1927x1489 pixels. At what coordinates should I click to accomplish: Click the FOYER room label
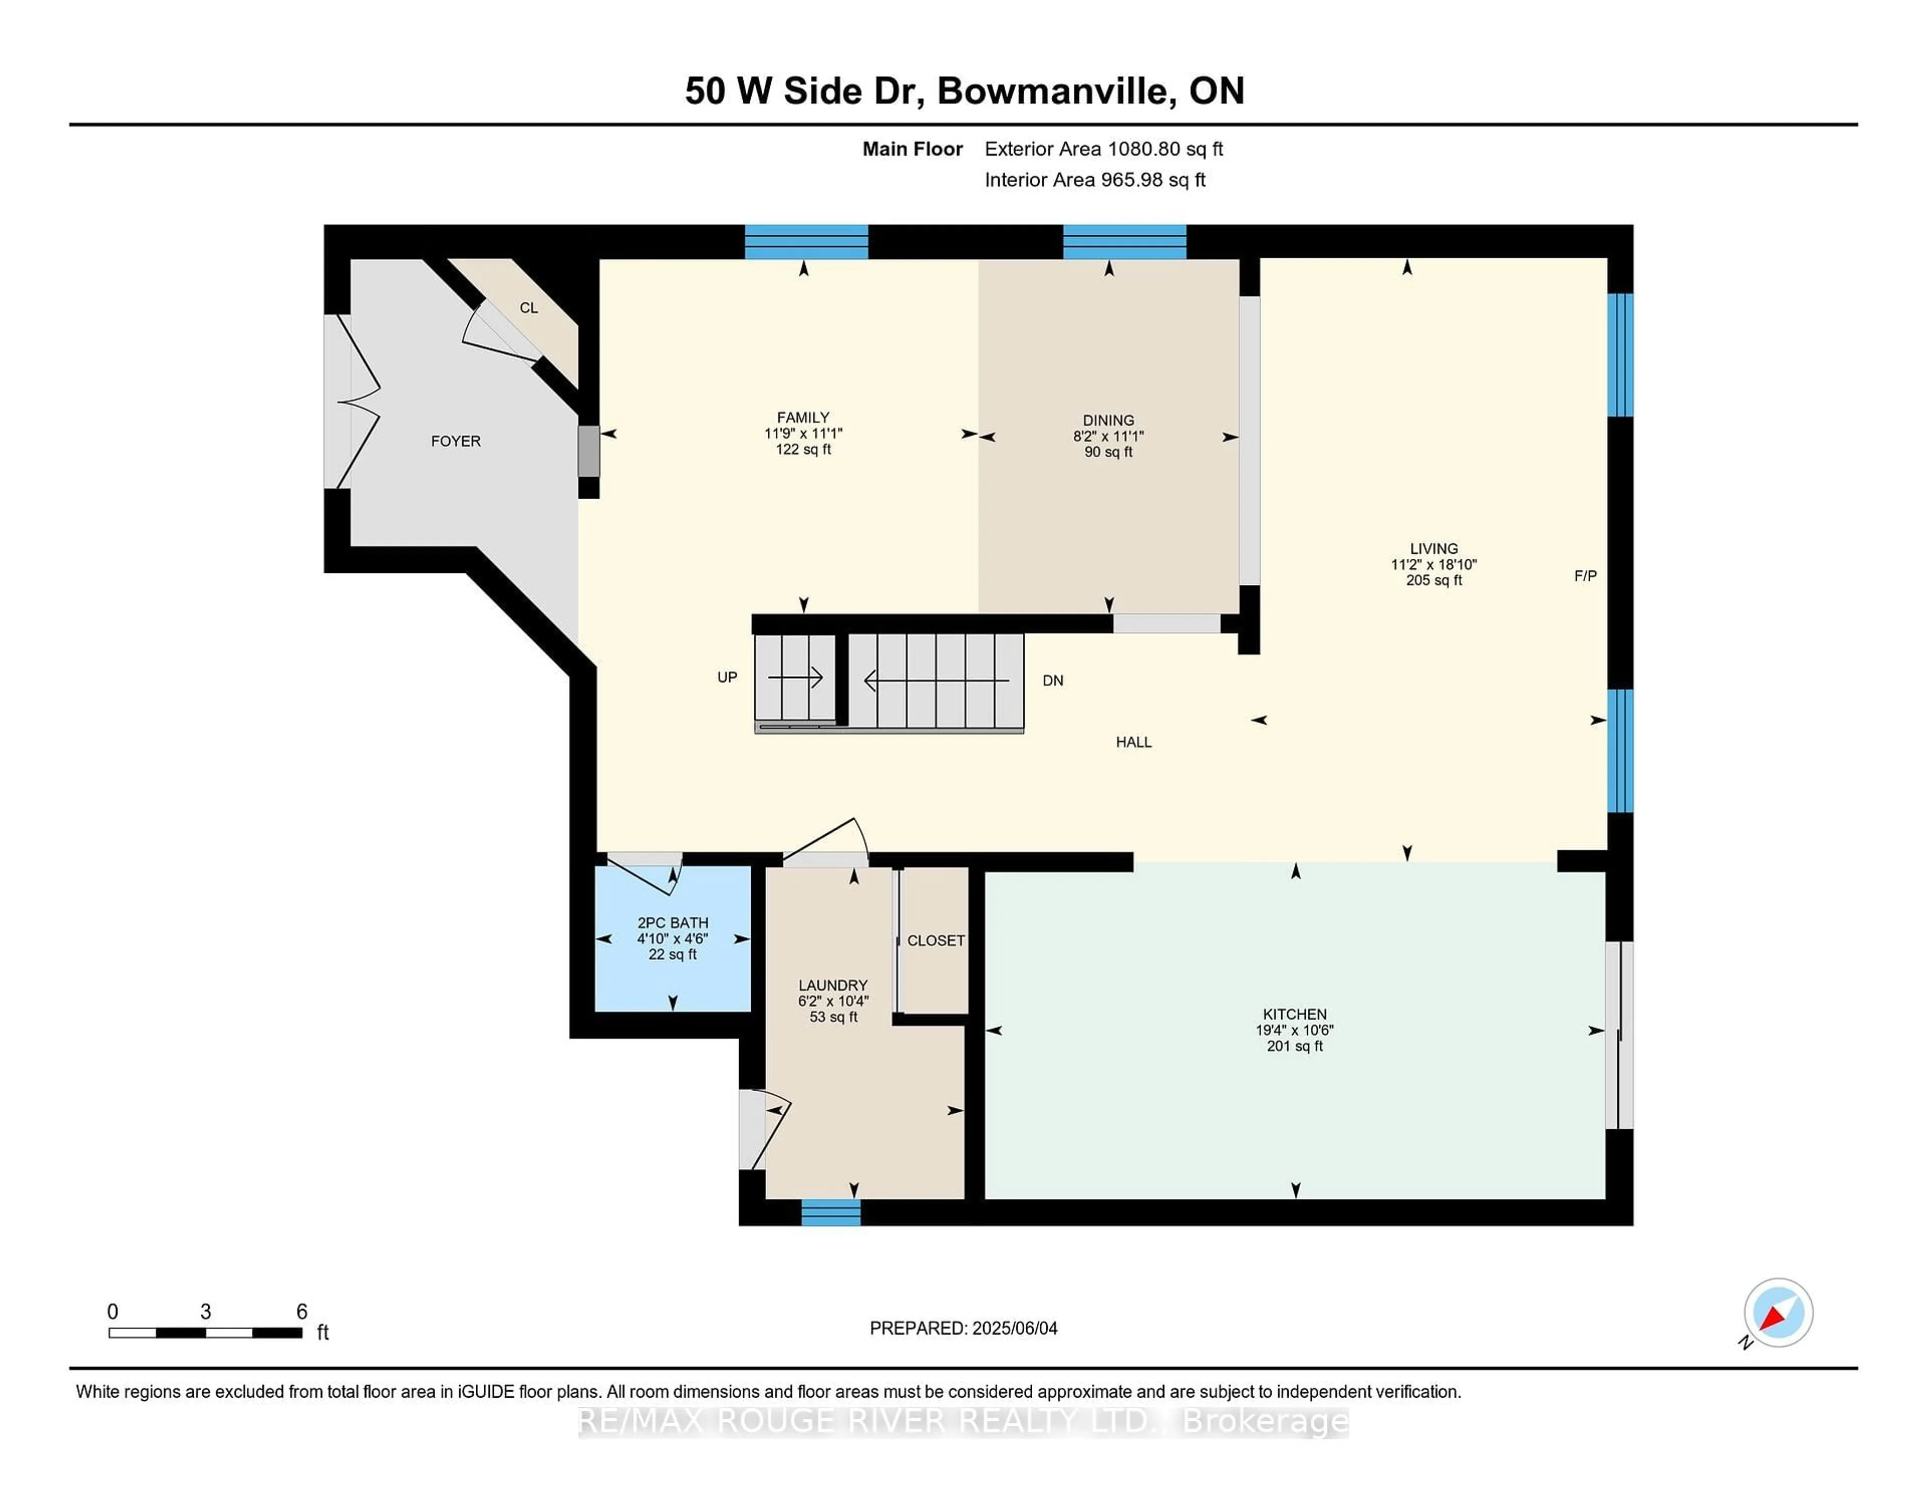(x=455, y=441)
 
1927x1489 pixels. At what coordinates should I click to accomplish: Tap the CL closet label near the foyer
(x=528, y=308)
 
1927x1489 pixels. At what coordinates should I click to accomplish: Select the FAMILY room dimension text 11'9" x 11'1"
(x=803, y=433)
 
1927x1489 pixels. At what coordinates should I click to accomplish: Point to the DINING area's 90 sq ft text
(x=1108, y=452)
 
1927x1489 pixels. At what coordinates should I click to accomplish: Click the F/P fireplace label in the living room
(x=1586, y=576)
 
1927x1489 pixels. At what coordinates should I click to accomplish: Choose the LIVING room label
(x=1434, y=549)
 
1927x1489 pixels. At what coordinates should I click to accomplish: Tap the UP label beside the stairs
(x=727, y=677)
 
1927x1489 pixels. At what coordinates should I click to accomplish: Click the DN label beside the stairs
(x=1053, y=681)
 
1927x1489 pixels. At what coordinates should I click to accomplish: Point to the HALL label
(x=1134, y=742)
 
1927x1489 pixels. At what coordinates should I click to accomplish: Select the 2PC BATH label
(x=672, y=923)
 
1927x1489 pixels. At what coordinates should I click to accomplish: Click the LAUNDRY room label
(x=833, y=985)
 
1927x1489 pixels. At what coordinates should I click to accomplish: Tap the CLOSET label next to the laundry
(x=936, y=940)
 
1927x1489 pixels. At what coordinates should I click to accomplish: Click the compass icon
(x=1778, y=1312)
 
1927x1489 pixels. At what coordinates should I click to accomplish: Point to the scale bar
(x=206, y=1332)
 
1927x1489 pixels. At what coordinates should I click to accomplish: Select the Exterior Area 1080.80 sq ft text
(x=1104, y=149)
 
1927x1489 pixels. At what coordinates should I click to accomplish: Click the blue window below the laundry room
(x=831, y=1213)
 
